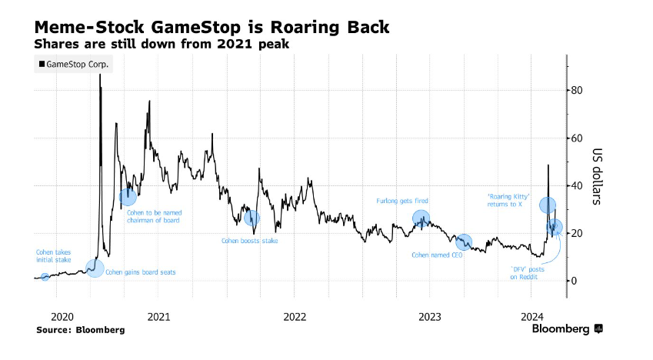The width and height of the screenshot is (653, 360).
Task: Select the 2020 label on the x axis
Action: pyautogui.click(x=61, y=316)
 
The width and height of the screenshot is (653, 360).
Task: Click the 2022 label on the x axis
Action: pyautogui.click(x=295, y=316)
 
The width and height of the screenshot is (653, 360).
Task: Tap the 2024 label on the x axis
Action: pyautogui.click(x=532, y=316)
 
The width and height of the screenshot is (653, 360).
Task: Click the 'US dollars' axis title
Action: pyautogui.click(x=597, y=176)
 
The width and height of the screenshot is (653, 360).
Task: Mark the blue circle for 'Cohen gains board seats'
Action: pyautogui.click(x=95, y=268)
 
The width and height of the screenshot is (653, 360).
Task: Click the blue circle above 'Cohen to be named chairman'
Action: pyautogui.click(x=128, y=197)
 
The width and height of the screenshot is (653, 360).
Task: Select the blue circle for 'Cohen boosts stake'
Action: pyautogui.click(x=251, y=218)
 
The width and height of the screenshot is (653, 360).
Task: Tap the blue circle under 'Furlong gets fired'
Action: pyautogui.click(x=421, y=218)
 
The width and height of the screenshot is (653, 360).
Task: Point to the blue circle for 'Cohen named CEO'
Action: pyautogui.click(x=464, y=242)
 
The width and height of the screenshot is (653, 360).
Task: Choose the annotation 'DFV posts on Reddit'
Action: pyautogui.click(x=527, y=273)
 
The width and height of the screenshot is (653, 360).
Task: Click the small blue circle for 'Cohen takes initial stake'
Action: pyautogui.click(x=45, y=277)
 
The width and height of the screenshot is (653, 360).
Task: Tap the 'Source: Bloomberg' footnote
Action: pyautogui.click(x=80, y=329)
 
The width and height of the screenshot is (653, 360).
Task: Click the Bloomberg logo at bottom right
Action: pyautogui.click(x=567, y=329)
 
